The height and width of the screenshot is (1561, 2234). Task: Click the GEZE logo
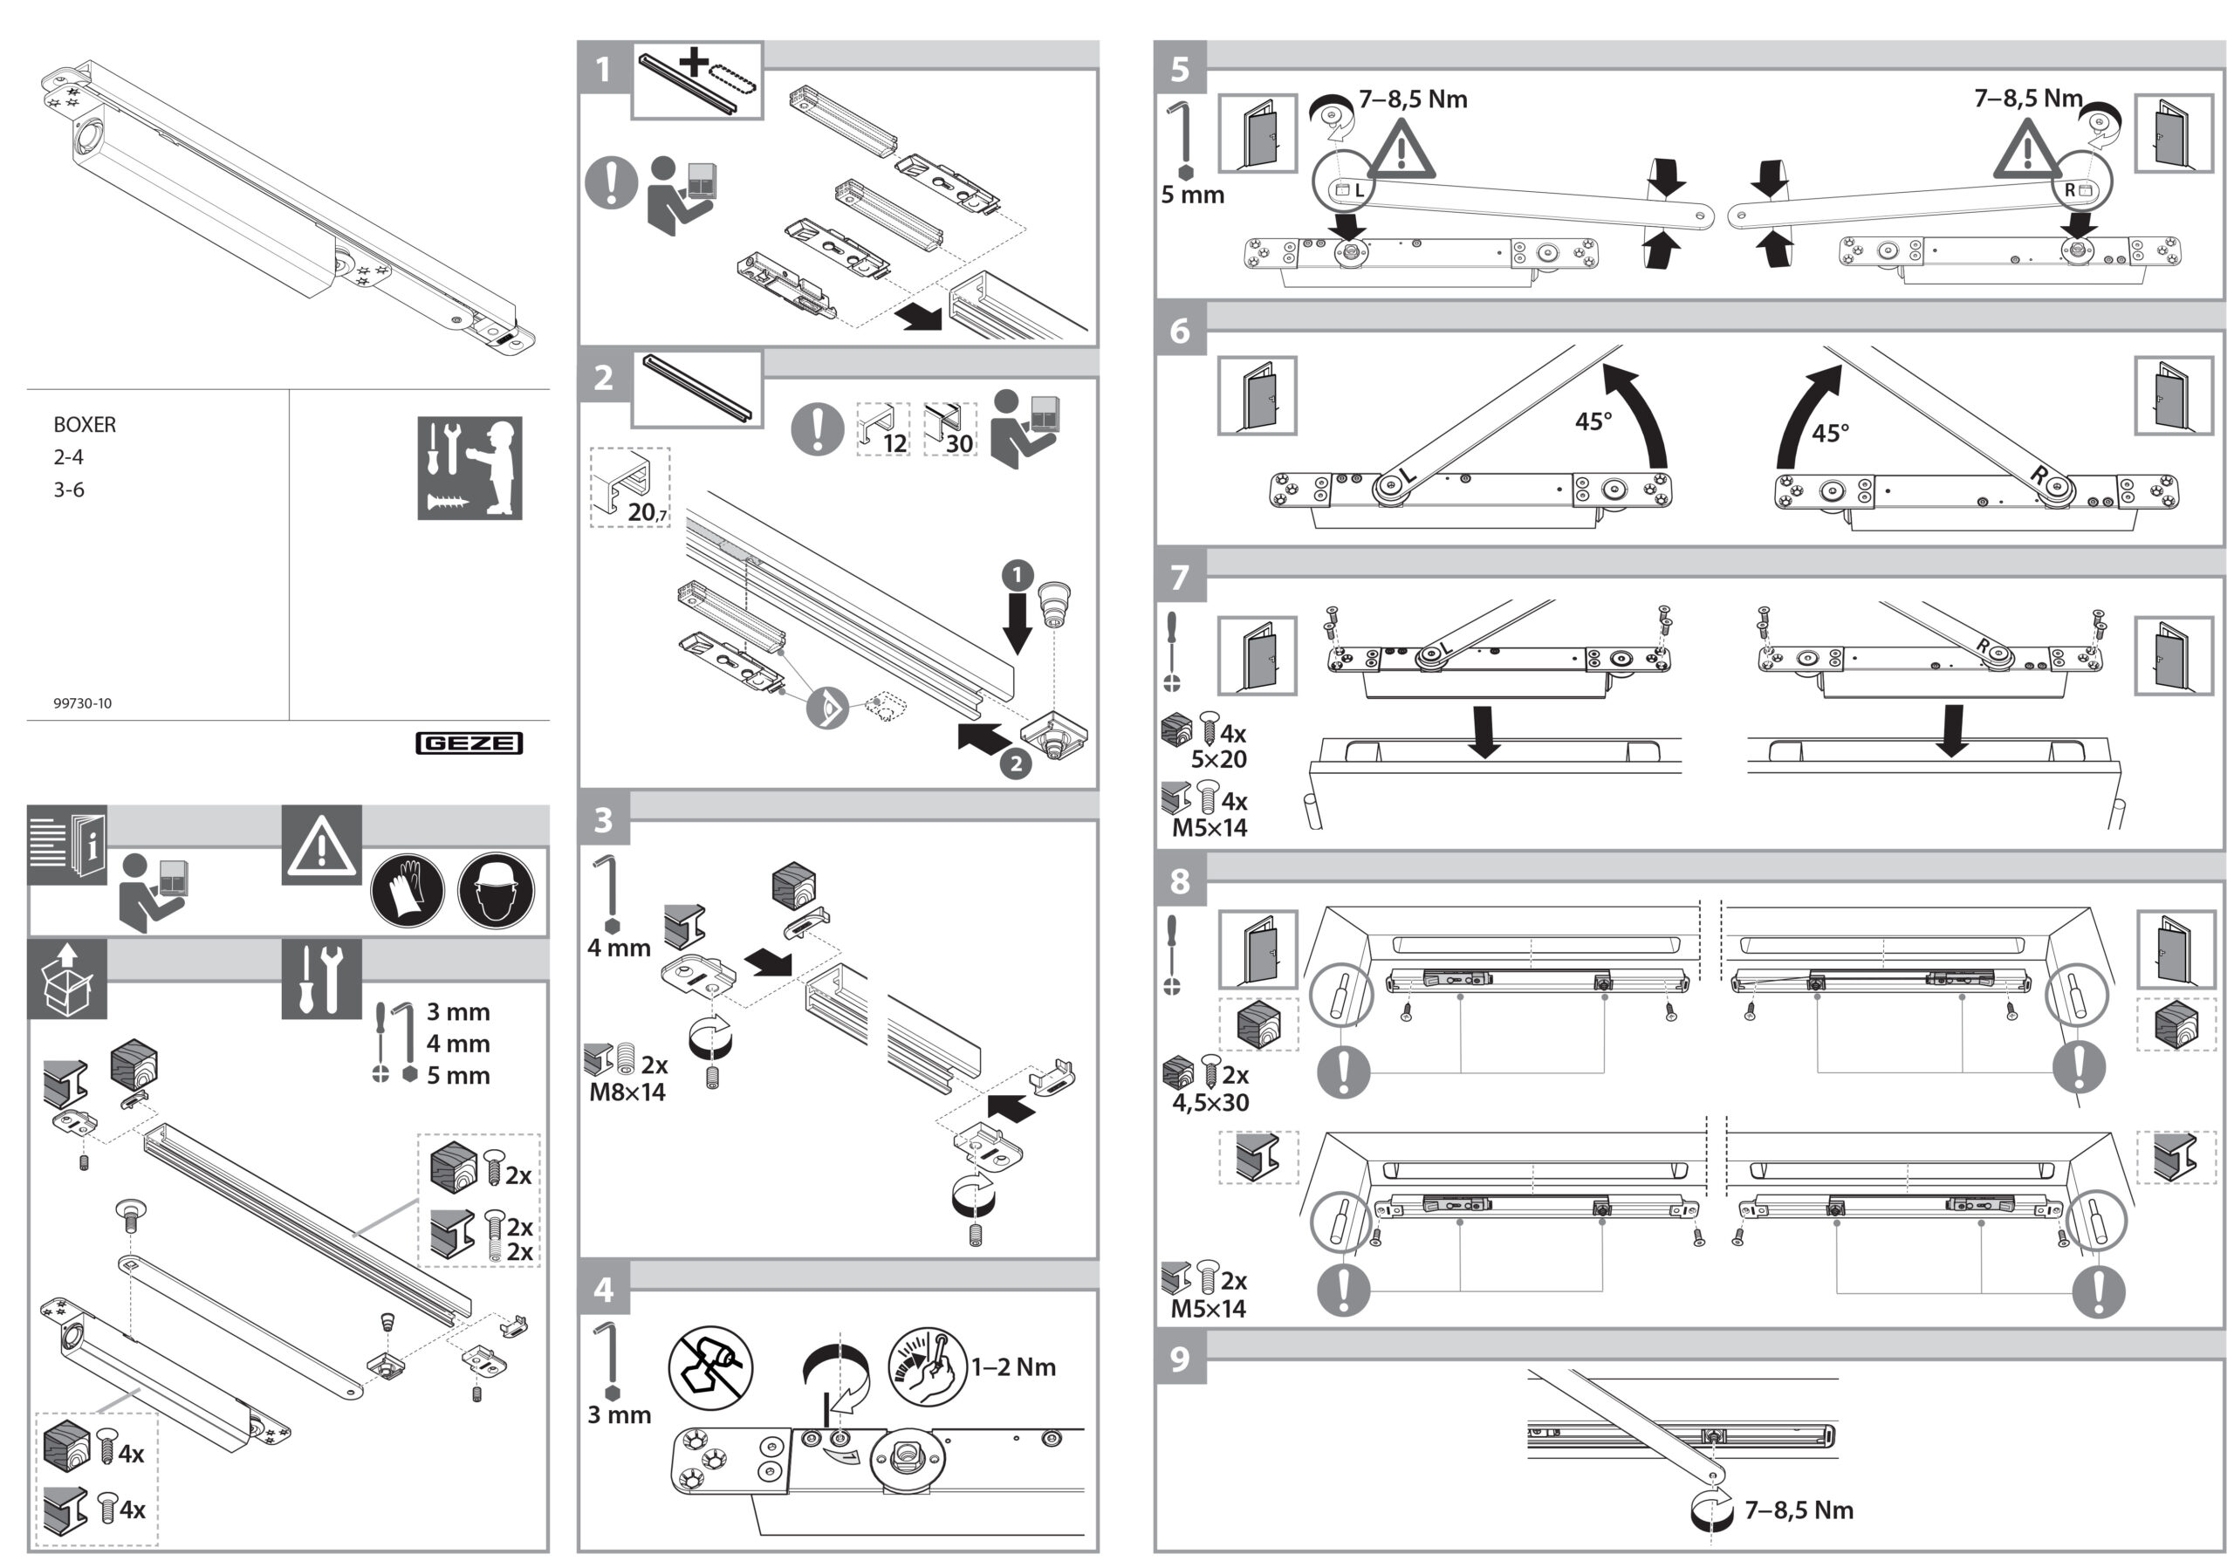click(469, 743)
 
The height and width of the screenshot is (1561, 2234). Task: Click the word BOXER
click(85, 425)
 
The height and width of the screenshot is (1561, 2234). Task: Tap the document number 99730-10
click(83, 703)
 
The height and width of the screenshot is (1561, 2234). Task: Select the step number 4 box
click(603, 1289)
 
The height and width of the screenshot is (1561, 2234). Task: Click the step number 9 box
click(1180, 1358)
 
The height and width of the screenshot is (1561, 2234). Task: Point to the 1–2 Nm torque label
click(1013, 1366)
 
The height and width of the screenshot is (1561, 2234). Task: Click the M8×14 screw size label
click(627, 1092)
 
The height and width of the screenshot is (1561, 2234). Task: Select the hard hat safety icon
click(496, 890)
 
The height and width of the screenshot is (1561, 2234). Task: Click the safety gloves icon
click(408, 890)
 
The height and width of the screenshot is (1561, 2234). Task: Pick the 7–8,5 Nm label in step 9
click(1799, 1510)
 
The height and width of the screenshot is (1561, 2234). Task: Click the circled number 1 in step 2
click(1018, 575)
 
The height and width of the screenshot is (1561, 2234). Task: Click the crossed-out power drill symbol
click(711, 1366)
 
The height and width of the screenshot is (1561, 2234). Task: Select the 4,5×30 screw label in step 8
click(1210, 1102)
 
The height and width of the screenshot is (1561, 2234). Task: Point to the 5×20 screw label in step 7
click(1219, 758)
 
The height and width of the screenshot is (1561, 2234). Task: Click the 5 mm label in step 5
click(1193, 195)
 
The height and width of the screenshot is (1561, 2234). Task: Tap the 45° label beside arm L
click(1593, 421)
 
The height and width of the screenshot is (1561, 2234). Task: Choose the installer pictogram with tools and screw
click(470, 468)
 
